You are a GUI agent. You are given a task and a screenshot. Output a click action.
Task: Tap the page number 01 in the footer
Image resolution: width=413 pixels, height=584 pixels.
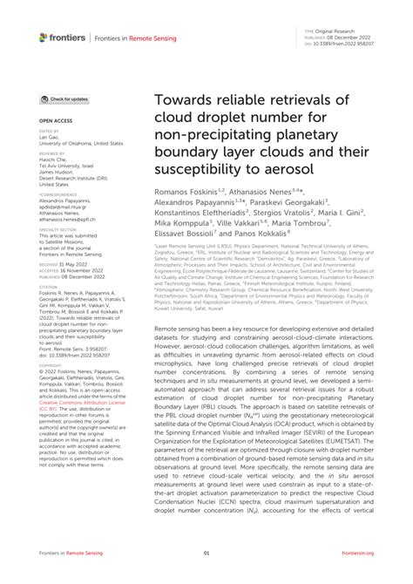pos(206,553)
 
